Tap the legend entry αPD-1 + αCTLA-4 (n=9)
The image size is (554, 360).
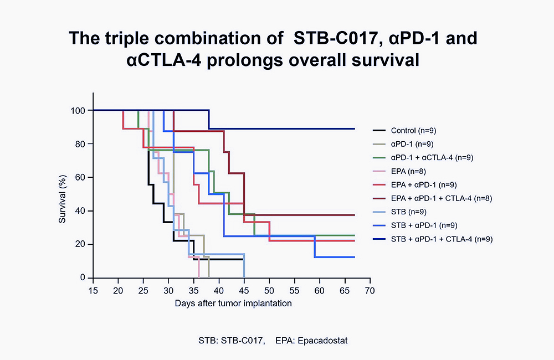(432, 158)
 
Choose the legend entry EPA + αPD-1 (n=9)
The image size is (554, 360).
(424, 184)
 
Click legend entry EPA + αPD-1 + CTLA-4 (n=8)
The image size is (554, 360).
(441, 198)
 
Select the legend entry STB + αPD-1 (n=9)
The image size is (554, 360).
(424, 225)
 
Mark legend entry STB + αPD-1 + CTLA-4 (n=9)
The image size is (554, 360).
(442, 239)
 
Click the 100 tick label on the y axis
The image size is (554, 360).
(78, 111)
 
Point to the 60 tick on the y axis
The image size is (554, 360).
(80, 178)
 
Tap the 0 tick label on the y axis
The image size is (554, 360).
(83, 278)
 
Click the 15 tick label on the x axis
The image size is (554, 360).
(93, 290)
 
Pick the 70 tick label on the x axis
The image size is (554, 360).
(370, 290)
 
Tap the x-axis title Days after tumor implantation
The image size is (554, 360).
(233, 303)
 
